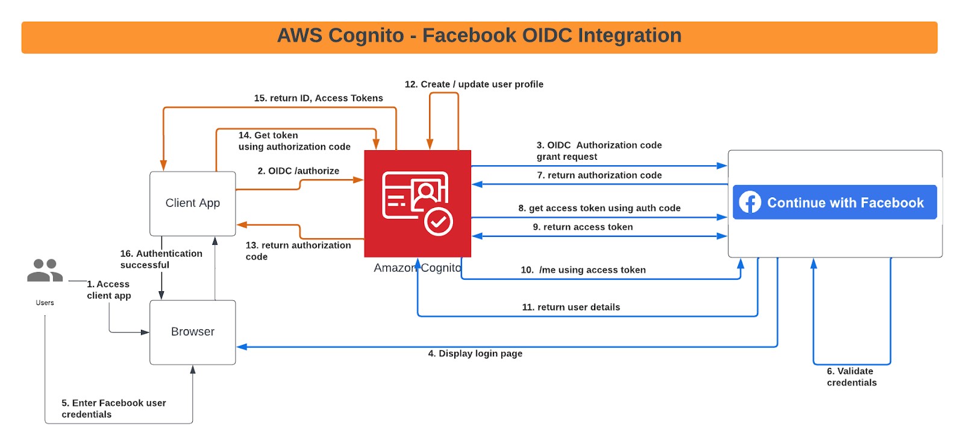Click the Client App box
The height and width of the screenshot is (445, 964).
192,203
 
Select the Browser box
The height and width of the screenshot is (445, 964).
192,332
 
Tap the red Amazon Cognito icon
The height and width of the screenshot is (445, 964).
418,203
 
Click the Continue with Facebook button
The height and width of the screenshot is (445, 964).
834,203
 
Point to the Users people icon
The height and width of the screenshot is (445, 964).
45,271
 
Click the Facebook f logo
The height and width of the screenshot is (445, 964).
750,203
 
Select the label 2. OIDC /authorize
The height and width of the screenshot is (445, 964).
298,171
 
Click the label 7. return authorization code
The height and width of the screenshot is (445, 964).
599,175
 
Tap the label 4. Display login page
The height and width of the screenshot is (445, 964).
475,354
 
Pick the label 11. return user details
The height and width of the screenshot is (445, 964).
571,308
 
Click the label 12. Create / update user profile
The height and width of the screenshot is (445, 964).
474,84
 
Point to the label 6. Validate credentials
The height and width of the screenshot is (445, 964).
851,377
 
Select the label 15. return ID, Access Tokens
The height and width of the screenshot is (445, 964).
318,98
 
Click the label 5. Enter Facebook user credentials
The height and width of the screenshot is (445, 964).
113,409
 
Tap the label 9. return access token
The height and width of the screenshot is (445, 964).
583,227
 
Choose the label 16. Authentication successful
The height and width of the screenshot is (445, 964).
161,259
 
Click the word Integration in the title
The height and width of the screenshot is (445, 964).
629,36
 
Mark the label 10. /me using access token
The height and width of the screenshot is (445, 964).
583,270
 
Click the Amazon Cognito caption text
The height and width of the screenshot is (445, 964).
417,268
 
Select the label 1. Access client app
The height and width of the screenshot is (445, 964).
108,290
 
